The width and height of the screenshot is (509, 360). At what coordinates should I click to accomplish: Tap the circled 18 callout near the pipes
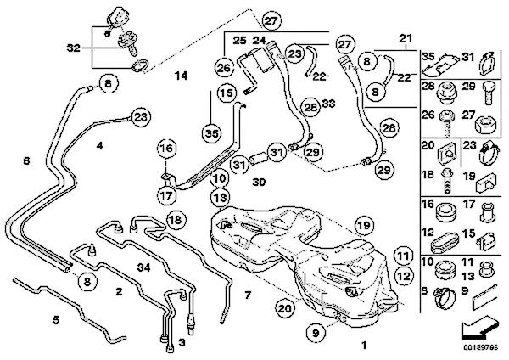pyautogui.click(x=175, y=221)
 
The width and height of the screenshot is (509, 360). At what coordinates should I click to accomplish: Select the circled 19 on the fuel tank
pyautogui.click(x=364, y=225)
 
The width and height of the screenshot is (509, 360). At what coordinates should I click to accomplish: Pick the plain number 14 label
pyautogui.click(x=179, y=77)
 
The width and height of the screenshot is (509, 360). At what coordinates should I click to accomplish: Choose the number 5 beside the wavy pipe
pyautogui.click(x=56, y=320)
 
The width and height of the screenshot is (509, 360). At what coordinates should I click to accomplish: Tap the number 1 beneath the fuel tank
pyautogui.click(x=365, y=346)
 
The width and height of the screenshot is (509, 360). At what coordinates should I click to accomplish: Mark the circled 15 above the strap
pyautogui.click(x=225, y=93)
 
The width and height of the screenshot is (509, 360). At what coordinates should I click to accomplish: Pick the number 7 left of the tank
pyautogui.click(x=247, y=295)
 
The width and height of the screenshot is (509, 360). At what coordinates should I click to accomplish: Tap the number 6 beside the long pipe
pyautogui.click(x=26, y=160)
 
